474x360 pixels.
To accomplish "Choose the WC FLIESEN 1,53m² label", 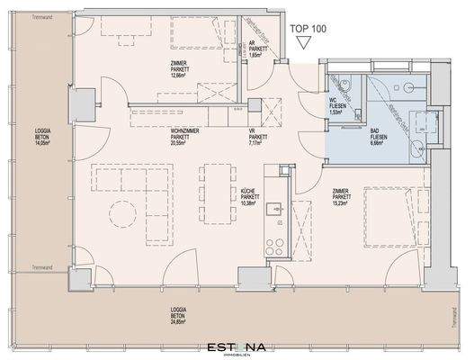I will point(339,109).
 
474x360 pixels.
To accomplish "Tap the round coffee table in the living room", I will point(121,214).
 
